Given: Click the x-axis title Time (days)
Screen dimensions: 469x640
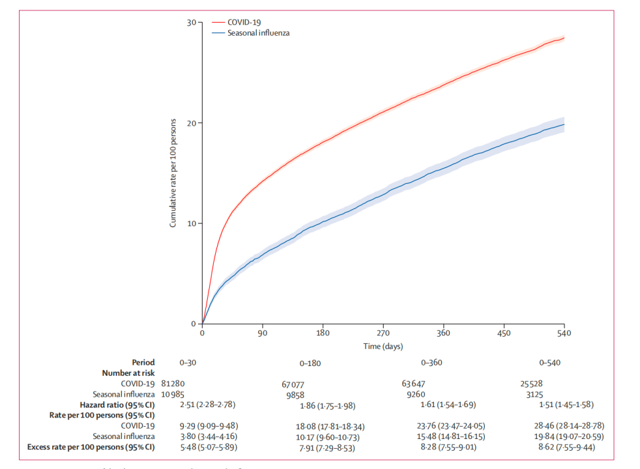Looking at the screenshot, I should pyautogui.click(x=383, y=345).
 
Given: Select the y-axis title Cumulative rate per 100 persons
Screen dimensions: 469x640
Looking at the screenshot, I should pyautogui.click(x=173, y=173).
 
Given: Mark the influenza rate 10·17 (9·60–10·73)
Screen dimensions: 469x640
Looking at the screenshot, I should pyautogui.click(x=327, y=436).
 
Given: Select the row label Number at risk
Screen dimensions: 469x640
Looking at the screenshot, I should pyautogui.click(x=128, y=373).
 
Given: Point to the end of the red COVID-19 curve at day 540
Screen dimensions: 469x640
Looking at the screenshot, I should pyautogui.click(x=564, y=38).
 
